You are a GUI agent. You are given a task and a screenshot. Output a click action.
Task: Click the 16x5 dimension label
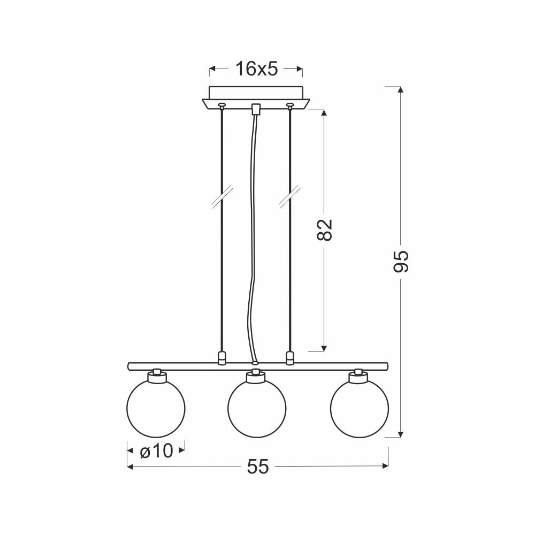click(257, 69)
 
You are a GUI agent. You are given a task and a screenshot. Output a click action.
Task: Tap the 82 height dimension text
click(325, 230)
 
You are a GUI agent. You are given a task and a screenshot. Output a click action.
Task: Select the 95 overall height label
click(401, 262)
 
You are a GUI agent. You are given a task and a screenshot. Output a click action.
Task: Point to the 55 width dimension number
click(258, 467)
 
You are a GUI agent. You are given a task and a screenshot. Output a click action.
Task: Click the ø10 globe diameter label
click(156, 451)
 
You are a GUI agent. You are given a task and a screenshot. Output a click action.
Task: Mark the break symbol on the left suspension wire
click(222, 196)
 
